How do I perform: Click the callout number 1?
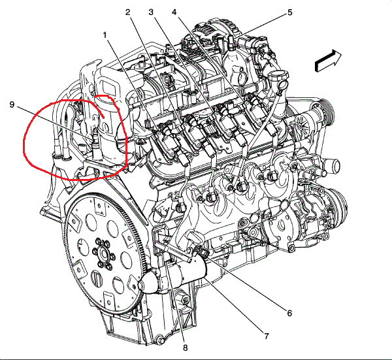pos(105,35)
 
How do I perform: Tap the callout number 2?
pos(128,12)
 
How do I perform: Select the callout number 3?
pos(151,12)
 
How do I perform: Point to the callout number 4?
pos(174,12)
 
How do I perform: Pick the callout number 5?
pos(289,12)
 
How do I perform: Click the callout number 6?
pos(289,313)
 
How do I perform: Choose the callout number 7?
pos(267,336)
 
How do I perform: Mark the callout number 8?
pos(186,348)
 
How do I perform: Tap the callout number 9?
pos(12,105)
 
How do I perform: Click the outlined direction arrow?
pos(327,61)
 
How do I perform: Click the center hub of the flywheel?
pos(103,254)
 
